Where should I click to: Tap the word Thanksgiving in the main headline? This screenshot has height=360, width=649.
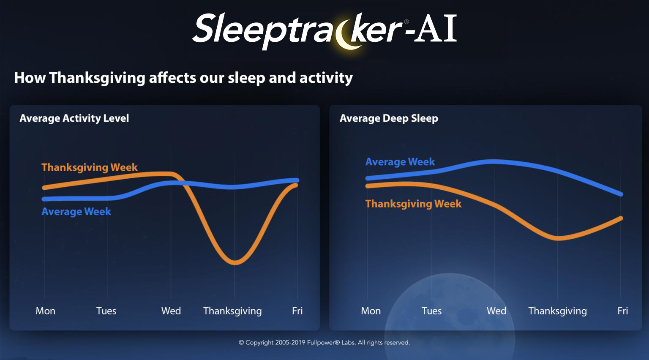(97, 78)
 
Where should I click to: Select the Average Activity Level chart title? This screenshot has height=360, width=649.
(74, 118)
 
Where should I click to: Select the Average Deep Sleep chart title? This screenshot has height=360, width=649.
(389, 118)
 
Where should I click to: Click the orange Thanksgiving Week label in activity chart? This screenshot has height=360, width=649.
(90, 167)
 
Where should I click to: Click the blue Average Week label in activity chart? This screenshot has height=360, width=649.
(76, 212)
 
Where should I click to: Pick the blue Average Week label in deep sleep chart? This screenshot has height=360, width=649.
(400, 162)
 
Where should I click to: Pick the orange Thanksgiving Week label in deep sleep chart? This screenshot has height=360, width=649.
(414, 204)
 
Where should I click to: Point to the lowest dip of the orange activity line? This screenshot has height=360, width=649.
(235, 263)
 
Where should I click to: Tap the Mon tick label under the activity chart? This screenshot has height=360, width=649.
(46, 311)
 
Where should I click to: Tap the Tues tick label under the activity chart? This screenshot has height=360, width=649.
(106, 311)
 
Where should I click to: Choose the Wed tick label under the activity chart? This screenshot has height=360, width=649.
(171, 311)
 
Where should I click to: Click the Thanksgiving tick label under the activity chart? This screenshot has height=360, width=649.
(232, 311)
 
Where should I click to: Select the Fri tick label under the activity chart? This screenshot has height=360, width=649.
(297, 311)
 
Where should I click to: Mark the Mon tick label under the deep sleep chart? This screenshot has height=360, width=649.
(371, 311)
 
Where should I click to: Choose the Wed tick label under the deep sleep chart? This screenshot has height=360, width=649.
(496, 311)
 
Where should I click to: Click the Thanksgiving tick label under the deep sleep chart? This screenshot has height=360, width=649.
(558, 311)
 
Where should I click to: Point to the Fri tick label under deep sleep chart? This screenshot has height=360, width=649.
(623, 311)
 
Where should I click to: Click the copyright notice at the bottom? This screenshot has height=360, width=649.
(324, 343)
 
